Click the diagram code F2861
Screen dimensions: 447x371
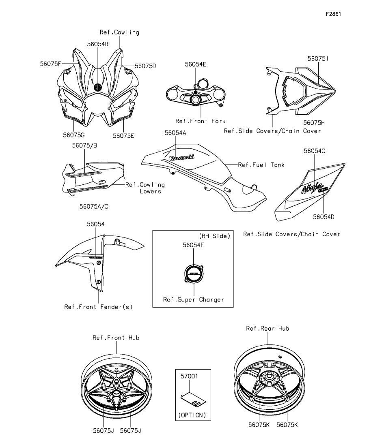[333, 14]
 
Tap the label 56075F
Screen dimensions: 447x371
[50, 64]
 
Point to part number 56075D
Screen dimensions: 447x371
[145, 66]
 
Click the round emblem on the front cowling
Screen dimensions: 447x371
[97, 87]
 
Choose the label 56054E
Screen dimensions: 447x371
[196, 64]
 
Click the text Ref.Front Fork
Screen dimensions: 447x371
[200, 121]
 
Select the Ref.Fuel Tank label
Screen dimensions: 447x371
[255, 165]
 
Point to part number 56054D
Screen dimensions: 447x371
[324, 217]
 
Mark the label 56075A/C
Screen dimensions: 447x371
[94, 206]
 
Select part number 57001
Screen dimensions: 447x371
[189, 376]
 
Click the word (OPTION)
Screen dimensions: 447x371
[192, 415]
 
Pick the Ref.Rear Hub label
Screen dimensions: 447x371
[267, 328]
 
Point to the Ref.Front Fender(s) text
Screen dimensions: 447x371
[98, 306]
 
